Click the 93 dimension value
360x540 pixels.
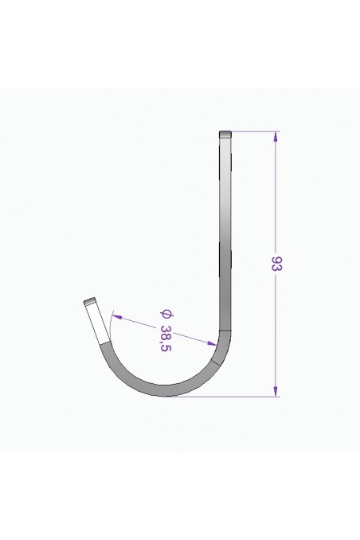coord(276,264)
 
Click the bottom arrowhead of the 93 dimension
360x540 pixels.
coord(276,391)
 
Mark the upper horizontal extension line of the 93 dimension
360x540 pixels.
coord(255,131)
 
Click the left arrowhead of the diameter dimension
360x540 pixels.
coord(114,316)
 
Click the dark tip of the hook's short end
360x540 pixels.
coord(91,302)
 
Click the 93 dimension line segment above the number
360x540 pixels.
coord(276,199)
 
